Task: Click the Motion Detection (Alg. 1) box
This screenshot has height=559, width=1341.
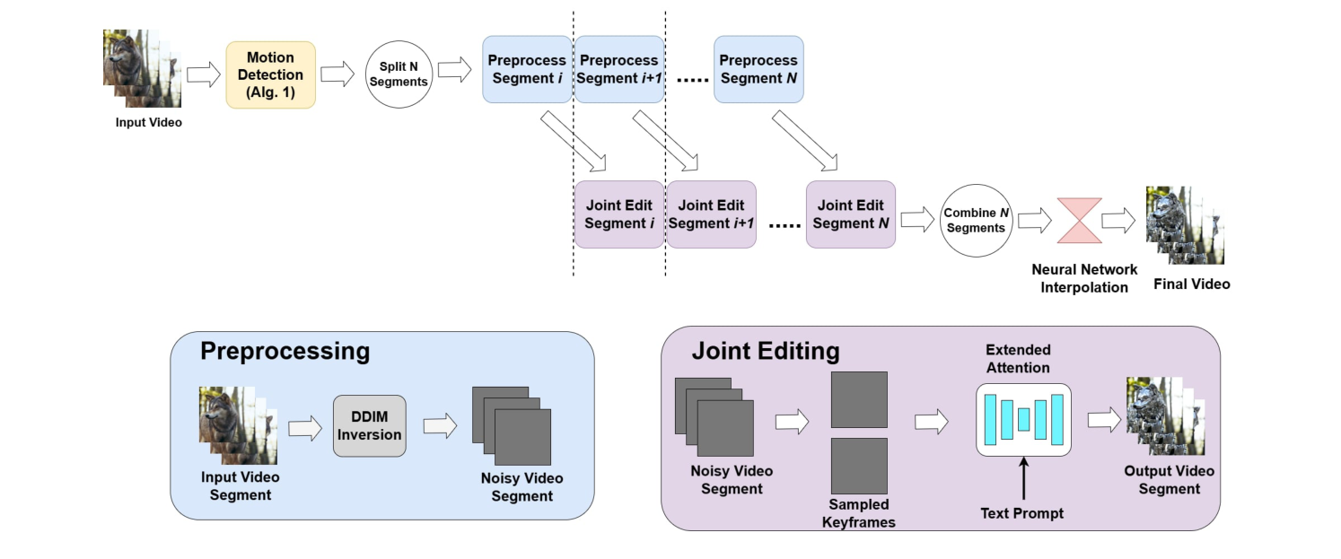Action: coord(270,74)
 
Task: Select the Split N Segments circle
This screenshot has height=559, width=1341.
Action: coord(399,74)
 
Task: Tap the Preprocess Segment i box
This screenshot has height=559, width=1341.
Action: coord(527,69)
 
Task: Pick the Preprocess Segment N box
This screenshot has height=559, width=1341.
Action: coord(758,69)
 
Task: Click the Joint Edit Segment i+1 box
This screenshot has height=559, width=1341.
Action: coord(711,214)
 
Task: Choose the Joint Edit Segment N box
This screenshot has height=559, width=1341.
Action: coord(851,214)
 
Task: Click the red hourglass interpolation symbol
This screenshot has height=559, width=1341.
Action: coord(1084,221)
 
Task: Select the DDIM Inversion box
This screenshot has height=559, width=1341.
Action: coord(370,426)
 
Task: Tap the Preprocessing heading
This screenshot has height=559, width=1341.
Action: coord(285,351)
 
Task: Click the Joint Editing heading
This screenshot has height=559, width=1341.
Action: coord(765,351)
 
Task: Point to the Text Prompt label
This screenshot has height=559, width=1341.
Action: coord(1022,513)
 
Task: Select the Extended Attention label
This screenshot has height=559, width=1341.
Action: coord(1018,358)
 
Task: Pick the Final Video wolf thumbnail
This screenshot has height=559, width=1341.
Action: coord(1184,226)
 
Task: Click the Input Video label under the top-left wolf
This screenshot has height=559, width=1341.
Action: coord(149,122)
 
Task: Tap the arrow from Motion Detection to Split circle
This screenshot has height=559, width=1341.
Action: coord(337,74)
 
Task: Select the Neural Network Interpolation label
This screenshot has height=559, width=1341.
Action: coord(1083,278)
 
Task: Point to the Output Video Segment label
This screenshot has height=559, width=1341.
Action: coord(1169,480)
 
